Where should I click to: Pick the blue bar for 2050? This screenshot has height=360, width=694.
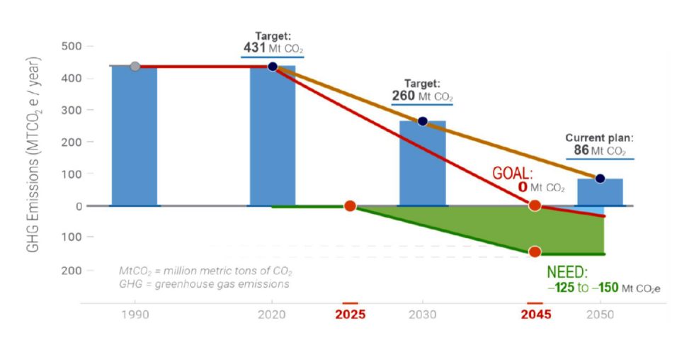pyautogui.click(x=600, y=192)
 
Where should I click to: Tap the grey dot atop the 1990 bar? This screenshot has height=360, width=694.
pyautogui.click(x=135, y=67)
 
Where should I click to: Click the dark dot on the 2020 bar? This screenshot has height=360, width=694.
pyautogui.click(x=273, y=67)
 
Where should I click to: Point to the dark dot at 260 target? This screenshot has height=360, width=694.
pyautogui.click(x=423, y=121)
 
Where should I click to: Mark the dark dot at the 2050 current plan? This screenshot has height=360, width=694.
pyautogui.click(x=600, y=179)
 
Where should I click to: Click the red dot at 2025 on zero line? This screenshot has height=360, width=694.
pyautogui.click(x=350, y=206)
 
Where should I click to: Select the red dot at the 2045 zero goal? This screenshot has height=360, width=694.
pyautogui.click(x=535, y=206)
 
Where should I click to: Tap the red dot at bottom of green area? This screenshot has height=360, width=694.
pyautogui.click(x=535, y=252)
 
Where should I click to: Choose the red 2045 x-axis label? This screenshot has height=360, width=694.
pyautogui.click(x=536, y=314)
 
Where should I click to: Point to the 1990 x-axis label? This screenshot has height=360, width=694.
pyautogui.click(x=135, y=314)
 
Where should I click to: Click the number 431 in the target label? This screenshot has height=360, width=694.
pyautogui.click(x=255, y=48)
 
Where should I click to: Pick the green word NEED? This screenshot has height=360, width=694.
pyautogui.click(x=567, y=273)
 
